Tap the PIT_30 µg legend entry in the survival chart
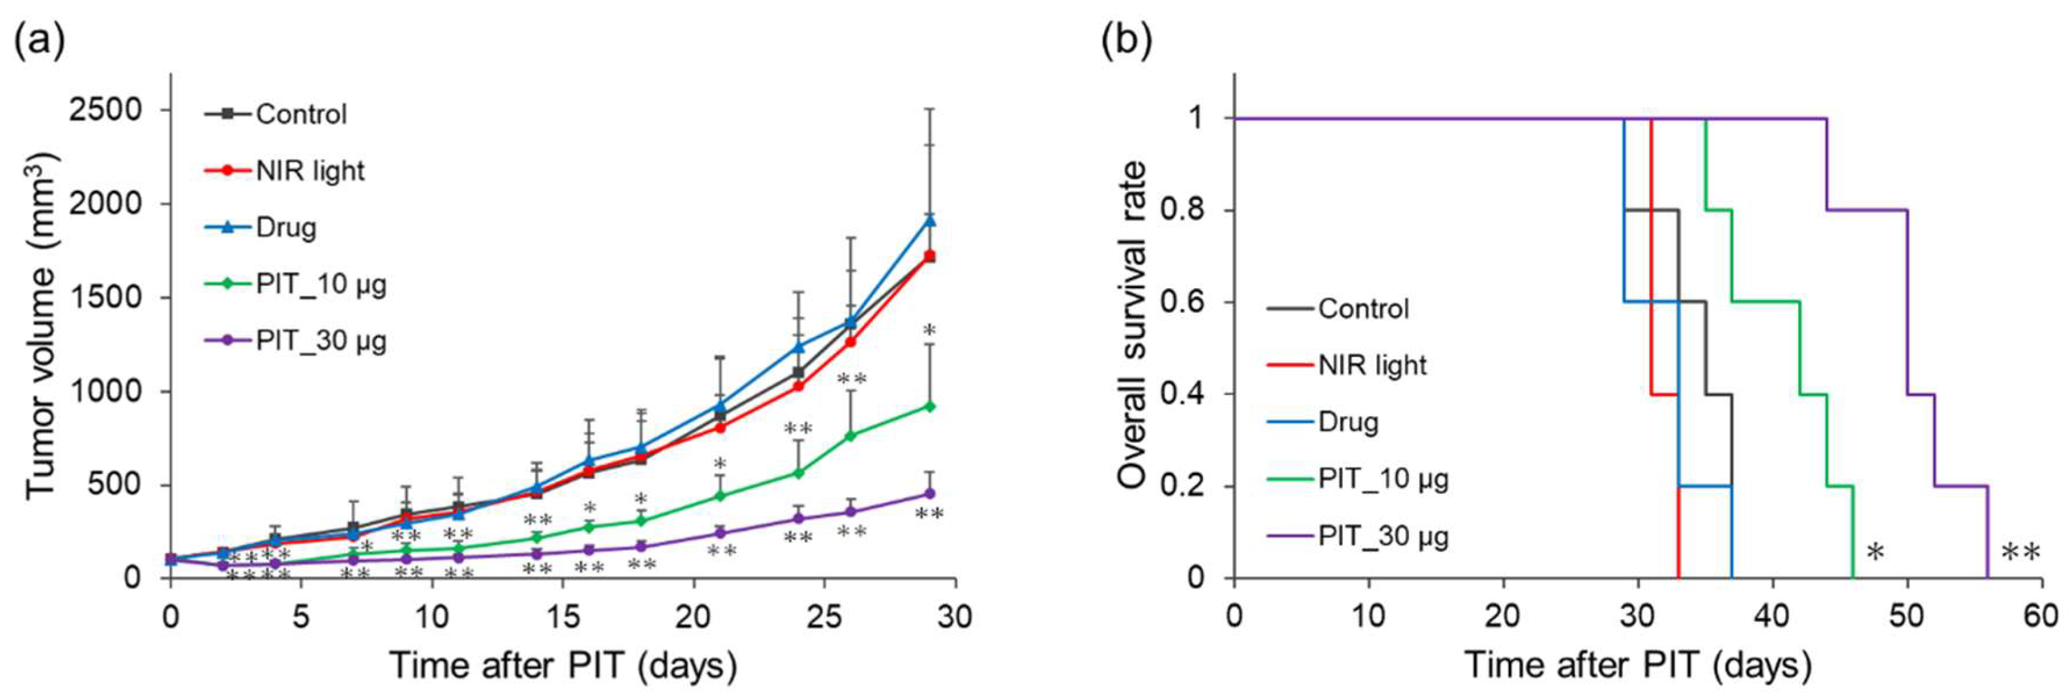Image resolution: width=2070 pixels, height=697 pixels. tap(1383, 536)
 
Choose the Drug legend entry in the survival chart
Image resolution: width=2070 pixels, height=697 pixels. tap(1348, 422)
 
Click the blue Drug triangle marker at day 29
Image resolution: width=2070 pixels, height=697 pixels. tap(930, 220)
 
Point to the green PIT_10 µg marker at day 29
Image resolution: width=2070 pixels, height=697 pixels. tap(930, 406)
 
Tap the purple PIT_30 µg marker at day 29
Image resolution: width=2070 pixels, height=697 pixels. tap(930, 493)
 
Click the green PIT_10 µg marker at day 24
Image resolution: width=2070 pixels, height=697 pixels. tap(799, 473)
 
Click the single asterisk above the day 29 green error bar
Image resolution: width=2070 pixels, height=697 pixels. tap(930, 331)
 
